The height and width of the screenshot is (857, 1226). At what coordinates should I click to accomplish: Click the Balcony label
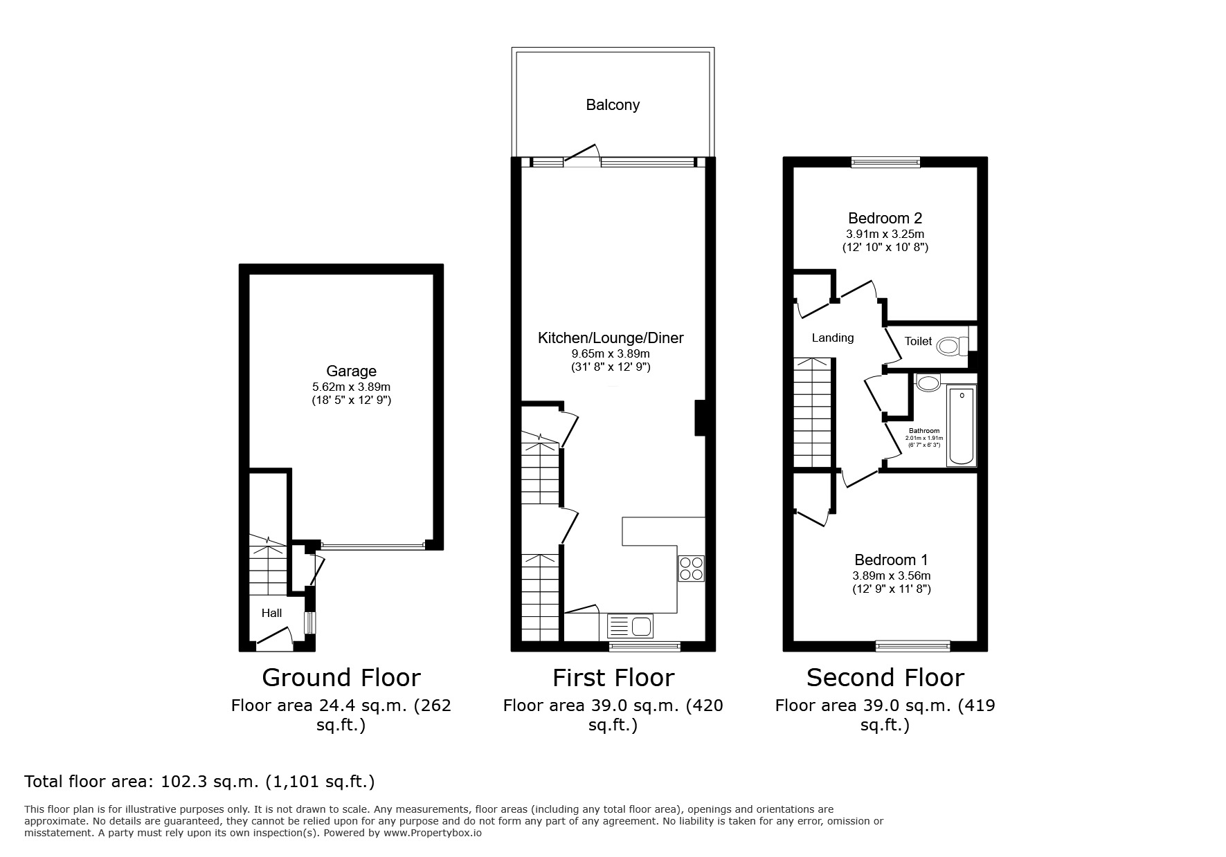coord(612,105)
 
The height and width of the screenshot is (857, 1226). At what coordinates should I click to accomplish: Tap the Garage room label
coord(351,371)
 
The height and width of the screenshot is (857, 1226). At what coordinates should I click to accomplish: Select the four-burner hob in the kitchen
coord(691,569)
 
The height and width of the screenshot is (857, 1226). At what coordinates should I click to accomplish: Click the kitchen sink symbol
coord(630,627)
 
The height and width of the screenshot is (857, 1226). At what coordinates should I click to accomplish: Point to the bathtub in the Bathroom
coord(961,426)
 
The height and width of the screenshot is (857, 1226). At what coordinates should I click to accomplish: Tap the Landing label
coord(832,338)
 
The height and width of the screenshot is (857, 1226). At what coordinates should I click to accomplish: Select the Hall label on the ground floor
coord(271,613)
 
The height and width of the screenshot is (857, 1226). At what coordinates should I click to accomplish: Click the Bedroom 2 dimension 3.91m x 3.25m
coord(885,234)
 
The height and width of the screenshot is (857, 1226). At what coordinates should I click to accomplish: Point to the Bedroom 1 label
coord(891,560)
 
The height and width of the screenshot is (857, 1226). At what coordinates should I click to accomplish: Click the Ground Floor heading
coord(341,677)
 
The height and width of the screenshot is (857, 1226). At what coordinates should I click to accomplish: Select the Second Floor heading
coord(885,677)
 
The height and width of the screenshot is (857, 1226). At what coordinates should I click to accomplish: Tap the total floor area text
coord(199,782)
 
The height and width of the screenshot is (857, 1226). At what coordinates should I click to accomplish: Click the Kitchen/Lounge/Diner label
coord(611,338)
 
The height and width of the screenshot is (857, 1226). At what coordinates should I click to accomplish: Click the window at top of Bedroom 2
coord(885,163)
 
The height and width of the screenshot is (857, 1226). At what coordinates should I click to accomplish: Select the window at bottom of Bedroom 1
coord(912,646)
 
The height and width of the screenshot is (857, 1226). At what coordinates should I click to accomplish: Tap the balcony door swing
coord(582,155)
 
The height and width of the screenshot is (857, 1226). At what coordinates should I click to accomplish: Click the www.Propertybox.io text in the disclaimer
coord(432,833)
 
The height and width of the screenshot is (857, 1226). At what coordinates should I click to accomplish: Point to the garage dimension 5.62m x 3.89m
coord(351,387)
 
